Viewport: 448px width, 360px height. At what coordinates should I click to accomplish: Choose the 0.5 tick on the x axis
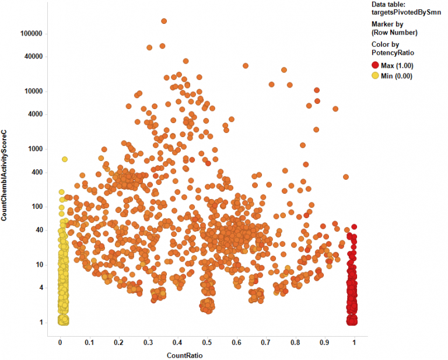[x=207, y=342]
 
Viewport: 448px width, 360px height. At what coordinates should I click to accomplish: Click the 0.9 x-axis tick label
[x=324, y=342]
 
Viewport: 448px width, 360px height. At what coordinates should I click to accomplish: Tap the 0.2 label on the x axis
[x=119, y=342]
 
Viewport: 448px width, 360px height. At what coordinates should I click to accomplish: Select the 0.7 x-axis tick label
[x=266, y=342]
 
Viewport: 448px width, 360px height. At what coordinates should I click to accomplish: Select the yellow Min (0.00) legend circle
[x=375, y=76]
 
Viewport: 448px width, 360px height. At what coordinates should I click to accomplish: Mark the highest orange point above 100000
[x=164, y=21]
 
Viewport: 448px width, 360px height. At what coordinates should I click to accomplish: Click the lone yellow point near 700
[x=65, y=159]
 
